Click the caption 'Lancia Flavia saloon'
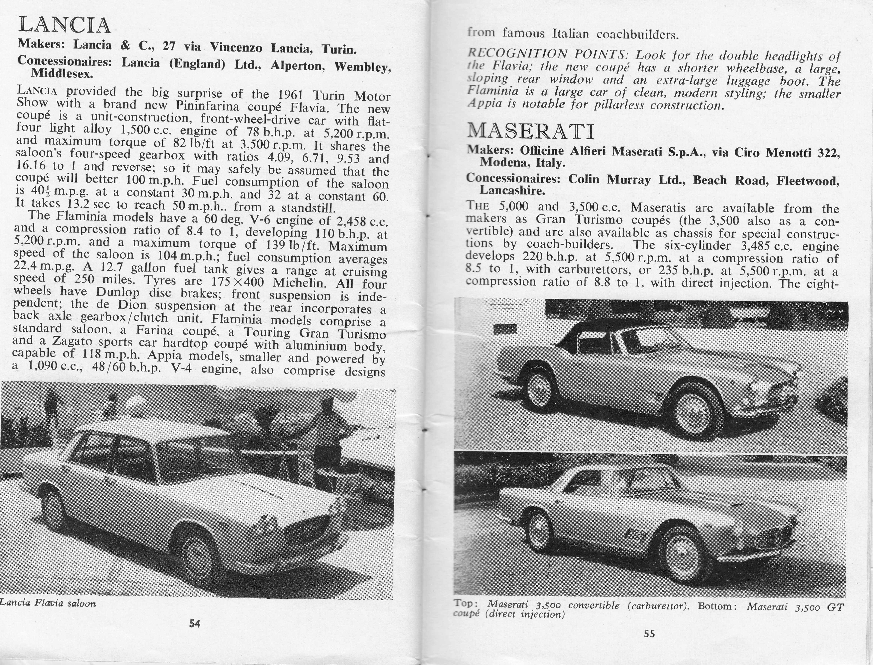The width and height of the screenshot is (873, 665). pos(48,603)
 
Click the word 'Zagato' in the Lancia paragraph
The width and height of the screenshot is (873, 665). pos(66,341)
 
